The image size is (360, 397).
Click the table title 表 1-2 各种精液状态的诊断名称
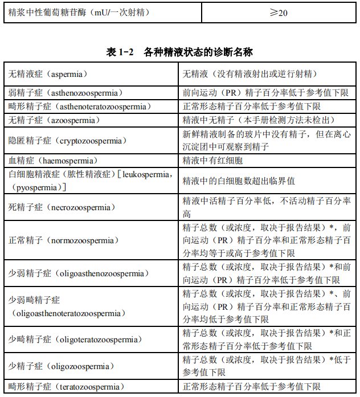(179, 52)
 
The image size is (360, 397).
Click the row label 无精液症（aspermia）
(48, 74)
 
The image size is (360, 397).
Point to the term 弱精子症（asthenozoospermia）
(65, 92)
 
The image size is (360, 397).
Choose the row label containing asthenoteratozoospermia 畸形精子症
(79, 107)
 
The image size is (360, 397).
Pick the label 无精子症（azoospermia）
(54, 120)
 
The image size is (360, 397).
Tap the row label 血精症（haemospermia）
(53, 161)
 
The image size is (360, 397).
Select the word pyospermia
(38, 187)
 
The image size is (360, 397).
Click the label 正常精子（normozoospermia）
(62, 240)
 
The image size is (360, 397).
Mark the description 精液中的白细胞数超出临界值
(239, 181)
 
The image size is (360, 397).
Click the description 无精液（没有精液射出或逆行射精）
(249, 74)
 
